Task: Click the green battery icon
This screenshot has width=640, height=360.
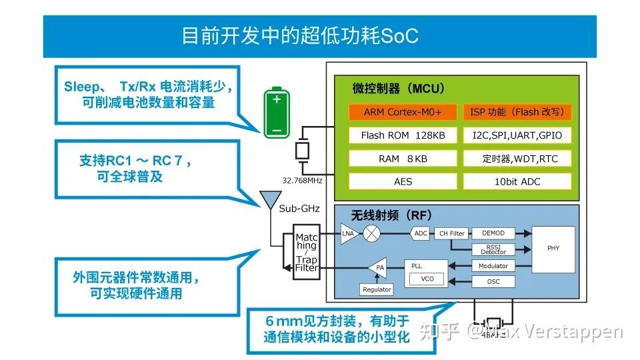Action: point(276,114)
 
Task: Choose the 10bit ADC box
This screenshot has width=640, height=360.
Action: point(517,181)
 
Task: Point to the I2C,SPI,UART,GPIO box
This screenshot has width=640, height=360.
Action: point(517,135)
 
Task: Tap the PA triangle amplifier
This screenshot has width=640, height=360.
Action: point(377,268)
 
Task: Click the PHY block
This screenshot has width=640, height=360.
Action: point(553,248)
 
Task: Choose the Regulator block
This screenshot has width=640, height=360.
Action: point(377,289)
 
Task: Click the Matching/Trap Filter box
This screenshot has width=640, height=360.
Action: point(307,252)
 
